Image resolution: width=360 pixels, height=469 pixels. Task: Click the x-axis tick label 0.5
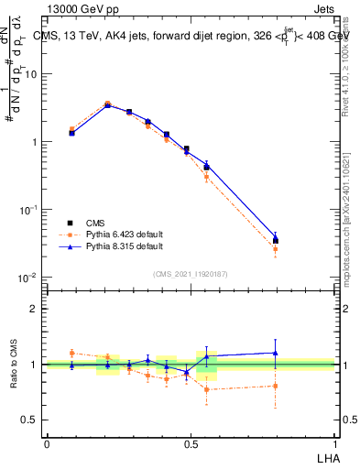(191, 442)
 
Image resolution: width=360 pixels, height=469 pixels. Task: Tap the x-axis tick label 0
(47, 442)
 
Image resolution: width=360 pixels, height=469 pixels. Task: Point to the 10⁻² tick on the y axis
(28, 278)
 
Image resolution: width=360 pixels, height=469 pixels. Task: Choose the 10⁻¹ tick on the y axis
(28, 210)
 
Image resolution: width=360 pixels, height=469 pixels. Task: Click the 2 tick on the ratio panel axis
(35, 309)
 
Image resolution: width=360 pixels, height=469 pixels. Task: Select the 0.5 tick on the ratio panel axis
(32, 420)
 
